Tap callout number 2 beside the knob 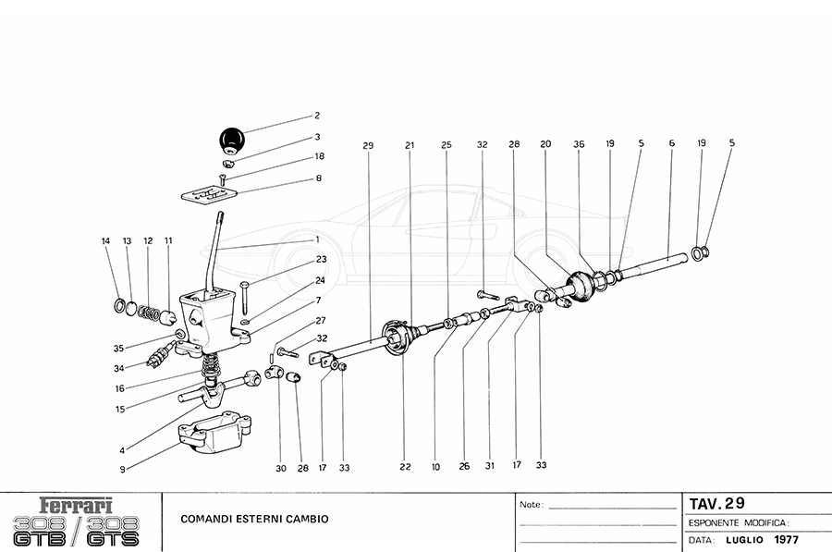point(317,117)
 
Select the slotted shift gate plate point(211,194)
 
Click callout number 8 point(319,178)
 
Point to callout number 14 point(105,241)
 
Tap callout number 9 point(122,469)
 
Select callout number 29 point(367,145)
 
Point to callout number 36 point(579,145)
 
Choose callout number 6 point(671,144)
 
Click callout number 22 point(405,467)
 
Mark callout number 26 point(464,467)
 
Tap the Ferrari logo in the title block point(78,506)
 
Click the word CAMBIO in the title point(303,519)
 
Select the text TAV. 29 point(716,504)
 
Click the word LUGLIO point(741,539)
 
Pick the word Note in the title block point(530,506)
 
